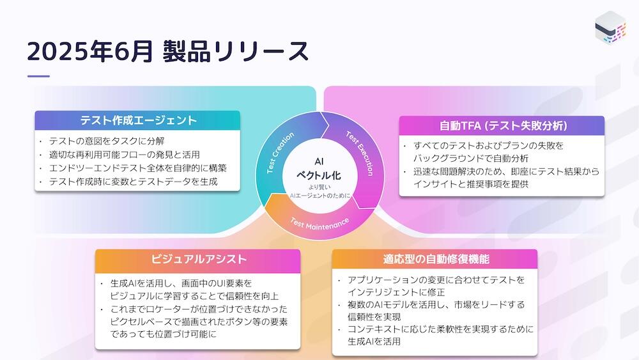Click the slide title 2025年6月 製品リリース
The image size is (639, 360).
point(168,52)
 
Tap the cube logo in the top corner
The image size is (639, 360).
point(610,27)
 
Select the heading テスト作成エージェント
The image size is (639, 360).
point(138,120)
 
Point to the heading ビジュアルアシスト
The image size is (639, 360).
point(199,260)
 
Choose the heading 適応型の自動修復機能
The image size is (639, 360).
point(436,260)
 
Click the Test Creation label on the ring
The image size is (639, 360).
point(280,153)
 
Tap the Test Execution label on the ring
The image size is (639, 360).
point(360,153)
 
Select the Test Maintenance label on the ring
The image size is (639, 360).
point(320,224)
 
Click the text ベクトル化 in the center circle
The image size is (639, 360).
point(319,176)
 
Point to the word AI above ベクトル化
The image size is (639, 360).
point(319,161)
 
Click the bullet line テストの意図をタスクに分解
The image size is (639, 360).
point(107,141)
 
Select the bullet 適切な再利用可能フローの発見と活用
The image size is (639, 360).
point(125,155)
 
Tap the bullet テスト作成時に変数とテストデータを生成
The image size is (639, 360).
point(134,182)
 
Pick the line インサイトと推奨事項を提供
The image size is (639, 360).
point(471,184)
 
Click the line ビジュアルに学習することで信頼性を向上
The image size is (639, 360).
point(194,296)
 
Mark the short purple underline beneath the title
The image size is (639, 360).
point(38,76)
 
